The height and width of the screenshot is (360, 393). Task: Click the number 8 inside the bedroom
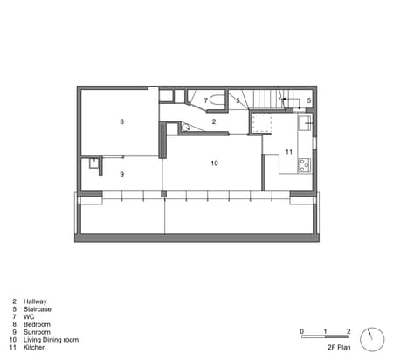122,121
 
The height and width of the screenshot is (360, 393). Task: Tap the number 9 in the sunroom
122,175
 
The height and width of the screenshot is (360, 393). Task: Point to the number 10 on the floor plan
214,163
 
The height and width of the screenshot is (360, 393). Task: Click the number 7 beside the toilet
206,101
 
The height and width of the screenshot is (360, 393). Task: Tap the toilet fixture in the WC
218,100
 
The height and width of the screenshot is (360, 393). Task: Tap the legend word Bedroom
37,323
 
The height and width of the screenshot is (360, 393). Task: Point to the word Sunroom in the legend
37,331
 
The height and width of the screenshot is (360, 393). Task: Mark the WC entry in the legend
29,315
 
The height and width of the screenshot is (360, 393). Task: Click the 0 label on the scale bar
301,330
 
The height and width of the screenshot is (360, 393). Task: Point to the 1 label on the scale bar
325,330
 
